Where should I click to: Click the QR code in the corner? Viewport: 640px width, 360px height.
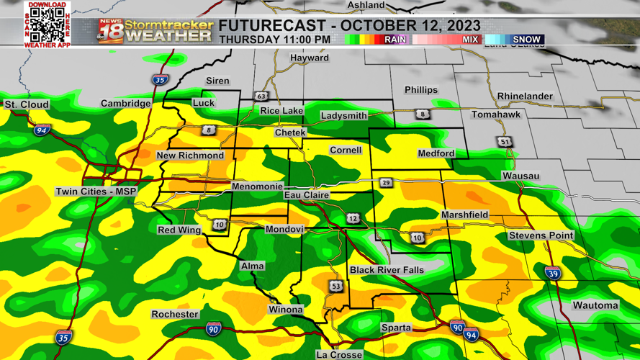pyautogui.click(x=48, y=25)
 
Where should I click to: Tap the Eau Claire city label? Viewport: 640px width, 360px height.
pyautogui.click(x=307, y=195)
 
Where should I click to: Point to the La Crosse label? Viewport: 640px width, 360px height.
pyautogui.click(x=339, y=354)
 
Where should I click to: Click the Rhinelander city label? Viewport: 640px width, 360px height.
pyautogui.click(x=525, y=96)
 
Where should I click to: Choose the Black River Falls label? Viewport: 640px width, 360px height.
pyautogui.click(x=387, y=270)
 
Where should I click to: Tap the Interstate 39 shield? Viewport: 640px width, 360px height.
pyautogui.click(x=552, y=274)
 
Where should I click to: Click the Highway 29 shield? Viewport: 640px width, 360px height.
pyautogui.click(x=387, y=184)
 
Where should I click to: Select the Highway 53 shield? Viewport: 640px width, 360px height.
pyautogui.click(x=336, y=287)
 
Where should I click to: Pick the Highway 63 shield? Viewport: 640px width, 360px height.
pyautogui.click(x=260, y=96)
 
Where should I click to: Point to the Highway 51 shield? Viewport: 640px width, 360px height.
pyautogui.click(x=505, y=142)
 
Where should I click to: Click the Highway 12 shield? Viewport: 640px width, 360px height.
pyautogui.click(x=353, y=218)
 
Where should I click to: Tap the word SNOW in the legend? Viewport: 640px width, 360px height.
pyautogui.click(x=527, y=40)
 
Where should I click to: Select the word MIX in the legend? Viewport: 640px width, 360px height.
pyautogui.click(x=470, y=40)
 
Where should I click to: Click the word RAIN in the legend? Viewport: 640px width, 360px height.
pyautogui.click(x=395, y=40)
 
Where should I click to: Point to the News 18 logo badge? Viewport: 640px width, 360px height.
pyautogui.click(x=110, y=32)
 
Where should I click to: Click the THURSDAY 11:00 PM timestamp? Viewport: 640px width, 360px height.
pyautogui.click(x=275, y=40)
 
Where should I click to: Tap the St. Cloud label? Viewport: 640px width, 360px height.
pyautogui.click(x=27, y=105)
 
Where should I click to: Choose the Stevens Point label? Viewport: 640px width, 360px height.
pyautogui.click(x=541, y=236)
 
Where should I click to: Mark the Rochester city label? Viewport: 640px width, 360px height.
pyautogui.click(x=175, y=315)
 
